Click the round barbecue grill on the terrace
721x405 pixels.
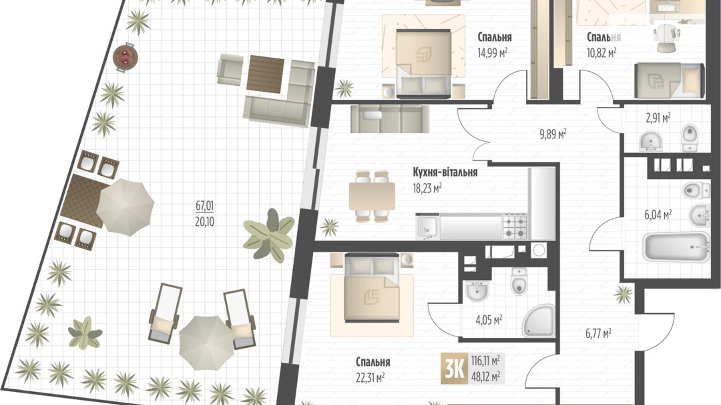click(x=125, y=57)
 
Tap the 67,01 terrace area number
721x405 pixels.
click(x=205, y=205)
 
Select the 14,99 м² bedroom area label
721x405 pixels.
click(x=492, y=52)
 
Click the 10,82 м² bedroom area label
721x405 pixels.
click(x=601, y=52)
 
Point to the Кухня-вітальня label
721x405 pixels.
click(x=445, y=172)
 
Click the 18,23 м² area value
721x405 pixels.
click(x=427, y=188)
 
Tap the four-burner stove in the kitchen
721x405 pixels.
click(x=514, y=226)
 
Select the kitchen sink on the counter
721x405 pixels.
click(x=427, y=227)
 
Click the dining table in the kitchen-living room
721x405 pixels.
click(x=372, y=197)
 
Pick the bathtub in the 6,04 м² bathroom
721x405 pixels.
click(x=676, y=247)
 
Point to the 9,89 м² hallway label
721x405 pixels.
click(x=553, y=134)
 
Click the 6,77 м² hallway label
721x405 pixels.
click(x=598, y=333)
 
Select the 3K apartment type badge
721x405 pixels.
click(x=454, y=368)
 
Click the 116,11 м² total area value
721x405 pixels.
click(x=485, y=360)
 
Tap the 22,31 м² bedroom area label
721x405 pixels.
click(x=370, y=377)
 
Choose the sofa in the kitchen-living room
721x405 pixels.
click(x=390, y=118)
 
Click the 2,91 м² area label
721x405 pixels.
click(x=658, y=117)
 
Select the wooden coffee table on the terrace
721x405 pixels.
click(x=265, y=74)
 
